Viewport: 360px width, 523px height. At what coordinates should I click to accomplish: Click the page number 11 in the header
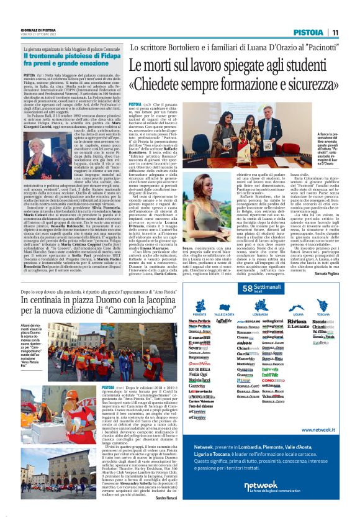pyautogui.click(x=335, y=32)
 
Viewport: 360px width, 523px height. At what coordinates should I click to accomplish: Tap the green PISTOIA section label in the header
pyautogui.click(x=308, y=32)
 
